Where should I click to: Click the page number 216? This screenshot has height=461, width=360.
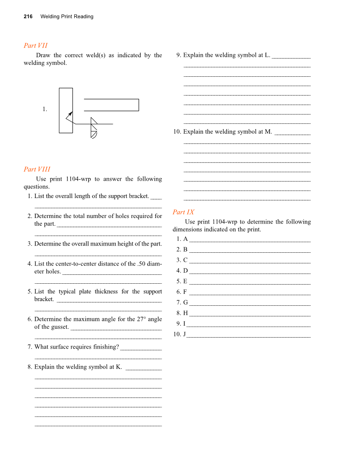click(28, 17)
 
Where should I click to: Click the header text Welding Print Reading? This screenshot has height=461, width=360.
click(67, 17)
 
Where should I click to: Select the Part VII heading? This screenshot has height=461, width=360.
click(36, 45)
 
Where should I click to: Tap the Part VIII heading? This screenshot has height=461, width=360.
click(37, 169)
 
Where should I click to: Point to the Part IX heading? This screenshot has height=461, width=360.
click(184, 212)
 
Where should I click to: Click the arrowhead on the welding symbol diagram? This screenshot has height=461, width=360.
click(71, 113)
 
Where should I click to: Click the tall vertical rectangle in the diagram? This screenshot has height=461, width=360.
click(66, 110)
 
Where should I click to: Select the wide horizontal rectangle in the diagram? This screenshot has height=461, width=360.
click(112, 105)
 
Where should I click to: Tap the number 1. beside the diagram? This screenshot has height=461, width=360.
click(45, 109)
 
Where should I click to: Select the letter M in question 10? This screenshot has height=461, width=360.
click(268, 131)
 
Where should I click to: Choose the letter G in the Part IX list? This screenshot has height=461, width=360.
click(185, 302)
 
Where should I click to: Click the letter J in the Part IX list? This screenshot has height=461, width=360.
click(184, 334)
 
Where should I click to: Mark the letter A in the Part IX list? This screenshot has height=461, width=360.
click(185, 239)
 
